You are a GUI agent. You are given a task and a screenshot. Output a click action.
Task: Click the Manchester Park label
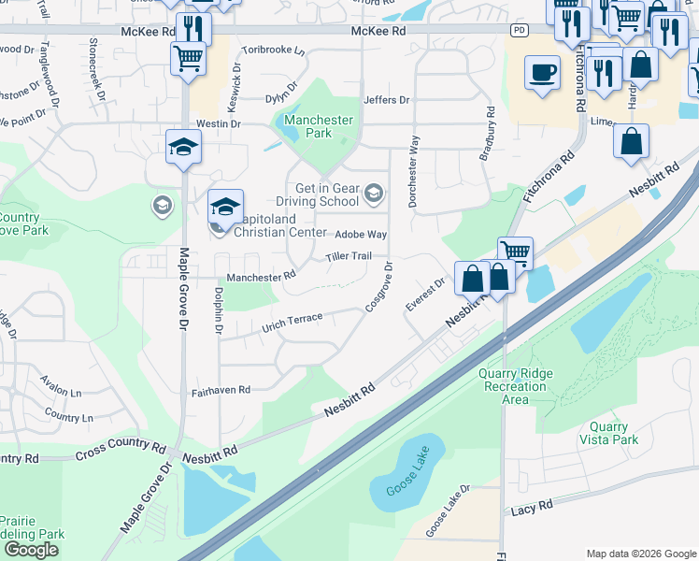pyautogui.click(x=319, y=126)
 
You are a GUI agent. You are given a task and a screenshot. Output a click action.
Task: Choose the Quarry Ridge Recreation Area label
pyautogui.click(x=515, y=386)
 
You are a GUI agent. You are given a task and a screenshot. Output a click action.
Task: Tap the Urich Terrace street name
pyautogui.click(x=292, y=322)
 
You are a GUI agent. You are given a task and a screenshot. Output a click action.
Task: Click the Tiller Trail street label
pyautogui.click(x=349, y=256)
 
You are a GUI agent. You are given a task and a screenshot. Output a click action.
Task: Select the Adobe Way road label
pyautogui.click(x=361, y=234)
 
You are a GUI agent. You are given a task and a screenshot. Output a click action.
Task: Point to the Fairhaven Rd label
pyautogui.click(x=221, y=390)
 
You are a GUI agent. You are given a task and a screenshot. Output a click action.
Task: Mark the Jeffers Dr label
pyautogui.click(x=386, y=100)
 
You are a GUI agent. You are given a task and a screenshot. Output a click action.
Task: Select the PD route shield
pyautogui.click(x=519, y=31)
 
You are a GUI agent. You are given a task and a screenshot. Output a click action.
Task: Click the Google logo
pyautogui.click(x=31, y=550)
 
